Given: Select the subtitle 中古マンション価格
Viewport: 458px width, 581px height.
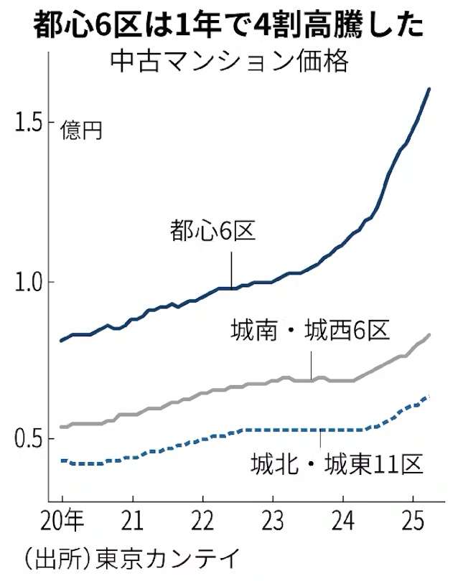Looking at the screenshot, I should pos(229,61).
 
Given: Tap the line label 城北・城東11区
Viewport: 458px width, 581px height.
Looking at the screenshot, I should pos(335,465).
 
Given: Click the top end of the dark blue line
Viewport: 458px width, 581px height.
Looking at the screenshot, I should pos(429,89).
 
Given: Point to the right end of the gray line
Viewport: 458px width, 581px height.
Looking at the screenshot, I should pos(429,335).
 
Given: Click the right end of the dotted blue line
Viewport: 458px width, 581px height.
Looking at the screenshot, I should pos(429,396).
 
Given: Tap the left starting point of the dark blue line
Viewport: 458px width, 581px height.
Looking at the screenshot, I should pos(61,341).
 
